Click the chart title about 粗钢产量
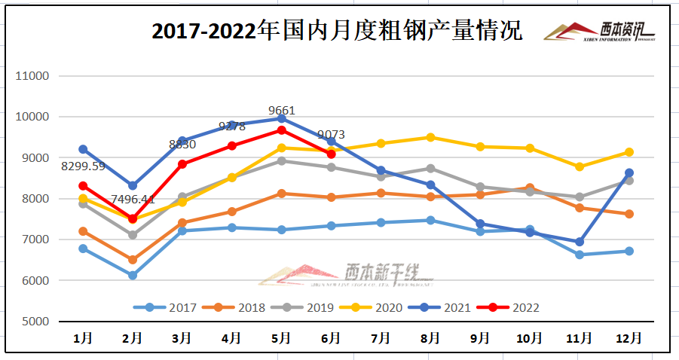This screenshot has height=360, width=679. pyautogui.click(x=337, y=32)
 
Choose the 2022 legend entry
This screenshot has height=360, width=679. pyautogui.click(x=515, y=307)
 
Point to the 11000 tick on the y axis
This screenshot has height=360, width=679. pyautogui.click(x=33, y=76)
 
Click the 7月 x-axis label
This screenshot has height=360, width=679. pyautogui.click(x=381, y=338)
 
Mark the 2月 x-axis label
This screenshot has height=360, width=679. pyautogui.click(x=133, y=338)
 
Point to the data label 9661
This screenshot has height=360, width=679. pyautogui.click(x=282, y=111)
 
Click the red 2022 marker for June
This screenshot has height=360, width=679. pyautogui.click(x=331, y=154)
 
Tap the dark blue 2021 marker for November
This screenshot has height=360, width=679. pyautogui.click(x=579, y=242)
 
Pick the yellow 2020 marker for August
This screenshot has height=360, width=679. pyautogui.click(x=430, y=137)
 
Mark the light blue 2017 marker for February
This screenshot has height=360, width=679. pyautogui.click(x=133, y=276)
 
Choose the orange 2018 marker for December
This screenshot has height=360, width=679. pyautogui.click(x=629, y=214)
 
